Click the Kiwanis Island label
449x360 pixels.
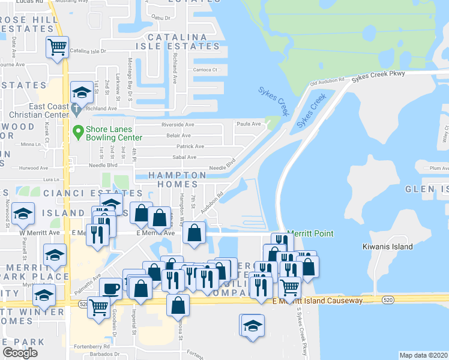[388, 247]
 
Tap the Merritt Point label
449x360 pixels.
[310, 233]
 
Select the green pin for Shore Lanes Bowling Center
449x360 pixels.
[77, 131]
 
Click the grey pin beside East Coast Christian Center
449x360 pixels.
[76, 110]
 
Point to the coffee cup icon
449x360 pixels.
[110, 289]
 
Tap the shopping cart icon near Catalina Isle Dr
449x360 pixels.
[58, 46]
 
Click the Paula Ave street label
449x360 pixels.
[249, 124]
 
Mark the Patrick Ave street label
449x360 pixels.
[190, 146]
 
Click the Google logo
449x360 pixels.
[20, 353]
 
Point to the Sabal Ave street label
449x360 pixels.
[184, 157]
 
